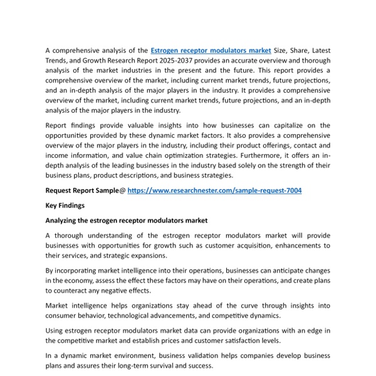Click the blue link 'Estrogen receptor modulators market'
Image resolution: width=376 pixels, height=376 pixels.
coord(211,50)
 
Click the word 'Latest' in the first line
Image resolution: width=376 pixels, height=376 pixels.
coord(318,50)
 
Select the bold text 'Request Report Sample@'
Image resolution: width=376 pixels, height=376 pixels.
coord(85,191)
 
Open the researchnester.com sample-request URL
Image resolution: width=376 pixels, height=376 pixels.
coord(214,191)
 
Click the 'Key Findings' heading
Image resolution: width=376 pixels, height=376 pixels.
coord(65,206)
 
